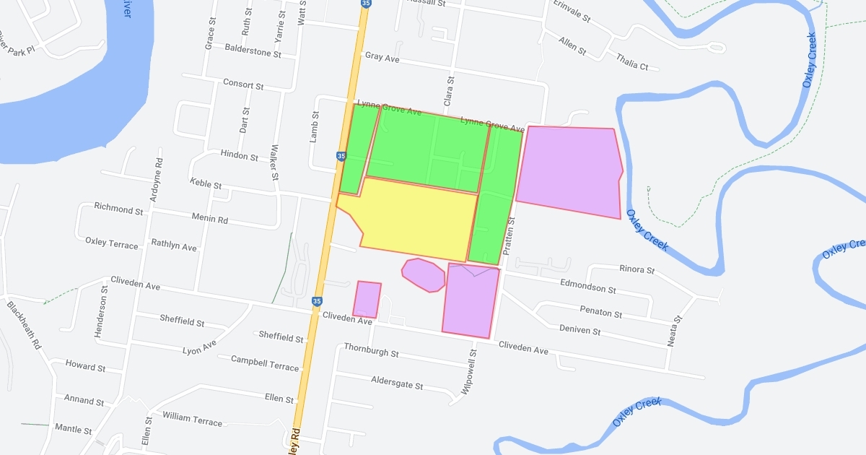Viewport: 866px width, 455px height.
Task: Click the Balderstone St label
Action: (252, 52)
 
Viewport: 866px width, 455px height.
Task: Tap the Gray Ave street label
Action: (382, 56)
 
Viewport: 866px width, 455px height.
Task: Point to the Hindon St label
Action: (239, 156)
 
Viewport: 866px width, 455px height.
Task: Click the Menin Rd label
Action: (209, 219)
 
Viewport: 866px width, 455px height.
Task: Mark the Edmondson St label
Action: (588, 286)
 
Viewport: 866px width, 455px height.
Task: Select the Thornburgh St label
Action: (371, 351)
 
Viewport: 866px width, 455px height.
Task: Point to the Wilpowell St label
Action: (468, 372)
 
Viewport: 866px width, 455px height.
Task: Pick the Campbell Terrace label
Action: (264, 363)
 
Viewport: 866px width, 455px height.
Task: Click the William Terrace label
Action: (192, 418)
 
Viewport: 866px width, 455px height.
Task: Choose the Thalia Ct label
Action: (632, 63)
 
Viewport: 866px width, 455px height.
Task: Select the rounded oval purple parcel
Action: (423, 275)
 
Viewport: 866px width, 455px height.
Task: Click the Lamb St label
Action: (314, 126)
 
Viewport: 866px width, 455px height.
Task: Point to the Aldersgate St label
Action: (397, 383)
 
